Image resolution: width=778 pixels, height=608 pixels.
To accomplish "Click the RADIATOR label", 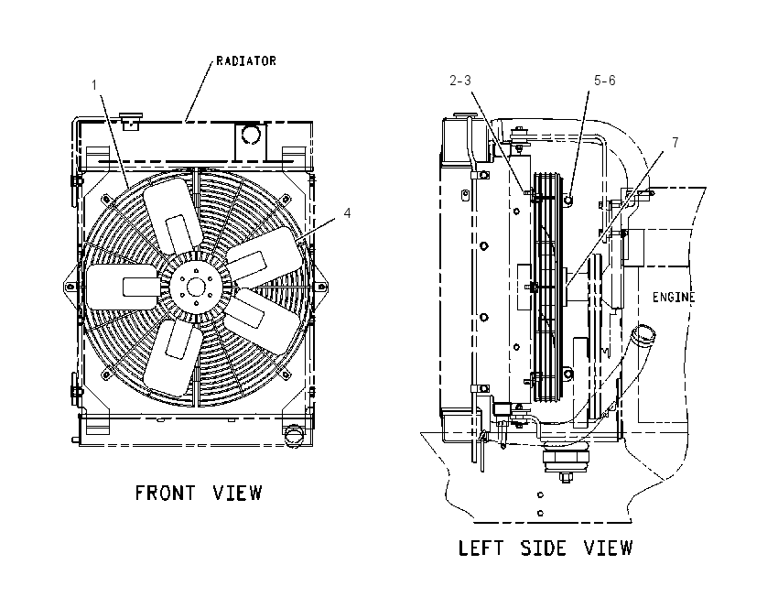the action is click(x=246, y=61).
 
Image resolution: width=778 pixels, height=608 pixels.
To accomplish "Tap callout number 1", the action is click(x=94, y=85).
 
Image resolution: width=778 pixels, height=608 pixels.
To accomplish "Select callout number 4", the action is click(x=347, y=213).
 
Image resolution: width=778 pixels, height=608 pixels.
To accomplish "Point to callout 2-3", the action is click(x=460, y=81).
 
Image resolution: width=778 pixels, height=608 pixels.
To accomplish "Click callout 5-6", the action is click(x=605, y=81).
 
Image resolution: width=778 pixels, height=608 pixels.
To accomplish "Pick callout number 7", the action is click(x=675, y=143).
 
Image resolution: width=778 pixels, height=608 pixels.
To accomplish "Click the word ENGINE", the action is click(x=674, y=297).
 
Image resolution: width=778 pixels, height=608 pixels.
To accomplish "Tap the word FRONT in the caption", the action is click(x=166, y=493).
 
